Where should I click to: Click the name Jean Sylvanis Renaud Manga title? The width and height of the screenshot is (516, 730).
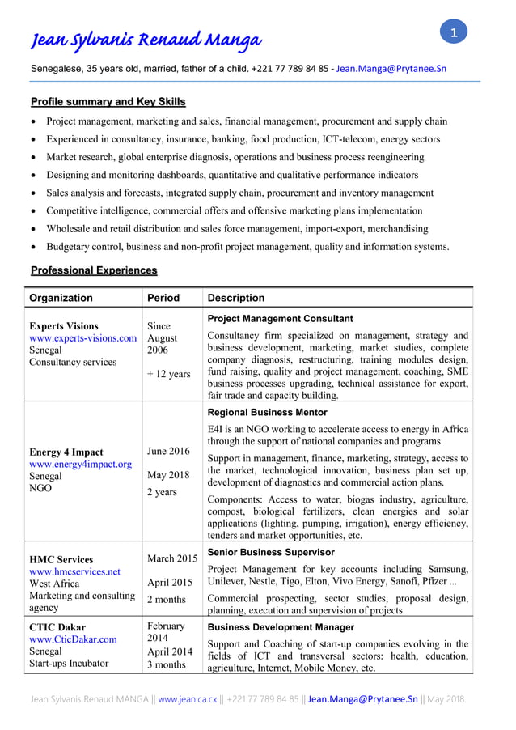[x=146, y=40]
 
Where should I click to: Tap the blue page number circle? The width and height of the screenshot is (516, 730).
[x=454, y=32]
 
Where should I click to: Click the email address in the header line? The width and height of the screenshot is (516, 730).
[x=391, y=69]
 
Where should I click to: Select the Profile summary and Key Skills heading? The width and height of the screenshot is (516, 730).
[x=108, y=102]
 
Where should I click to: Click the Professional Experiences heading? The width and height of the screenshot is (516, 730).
[x=94, y=270]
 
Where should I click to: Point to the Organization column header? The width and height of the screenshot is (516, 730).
[x=61, y=298]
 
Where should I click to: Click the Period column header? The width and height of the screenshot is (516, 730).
[x=163, y=298]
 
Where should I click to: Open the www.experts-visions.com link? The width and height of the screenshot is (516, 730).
[x=82, y=338]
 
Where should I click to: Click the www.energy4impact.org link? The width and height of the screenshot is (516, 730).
[x=80, y=465]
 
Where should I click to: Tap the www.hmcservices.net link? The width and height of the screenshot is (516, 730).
[x=74, y=571]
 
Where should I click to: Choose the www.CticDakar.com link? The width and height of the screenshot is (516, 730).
[x=73, y=639]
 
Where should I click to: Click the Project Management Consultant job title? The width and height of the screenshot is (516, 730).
[x=280, y=319]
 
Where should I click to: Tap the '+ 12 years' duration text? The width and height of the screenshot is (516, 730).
[x=169, y=374]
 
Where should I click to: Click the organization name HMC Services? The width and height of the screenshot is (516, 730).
[x=61, y=559]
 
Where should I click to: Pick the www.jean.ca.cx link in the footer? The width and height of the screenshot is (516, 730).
[x=188, y=698]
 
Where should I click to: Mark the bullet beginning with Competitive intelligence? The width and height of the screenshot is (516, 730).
[x=234, y=211]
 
